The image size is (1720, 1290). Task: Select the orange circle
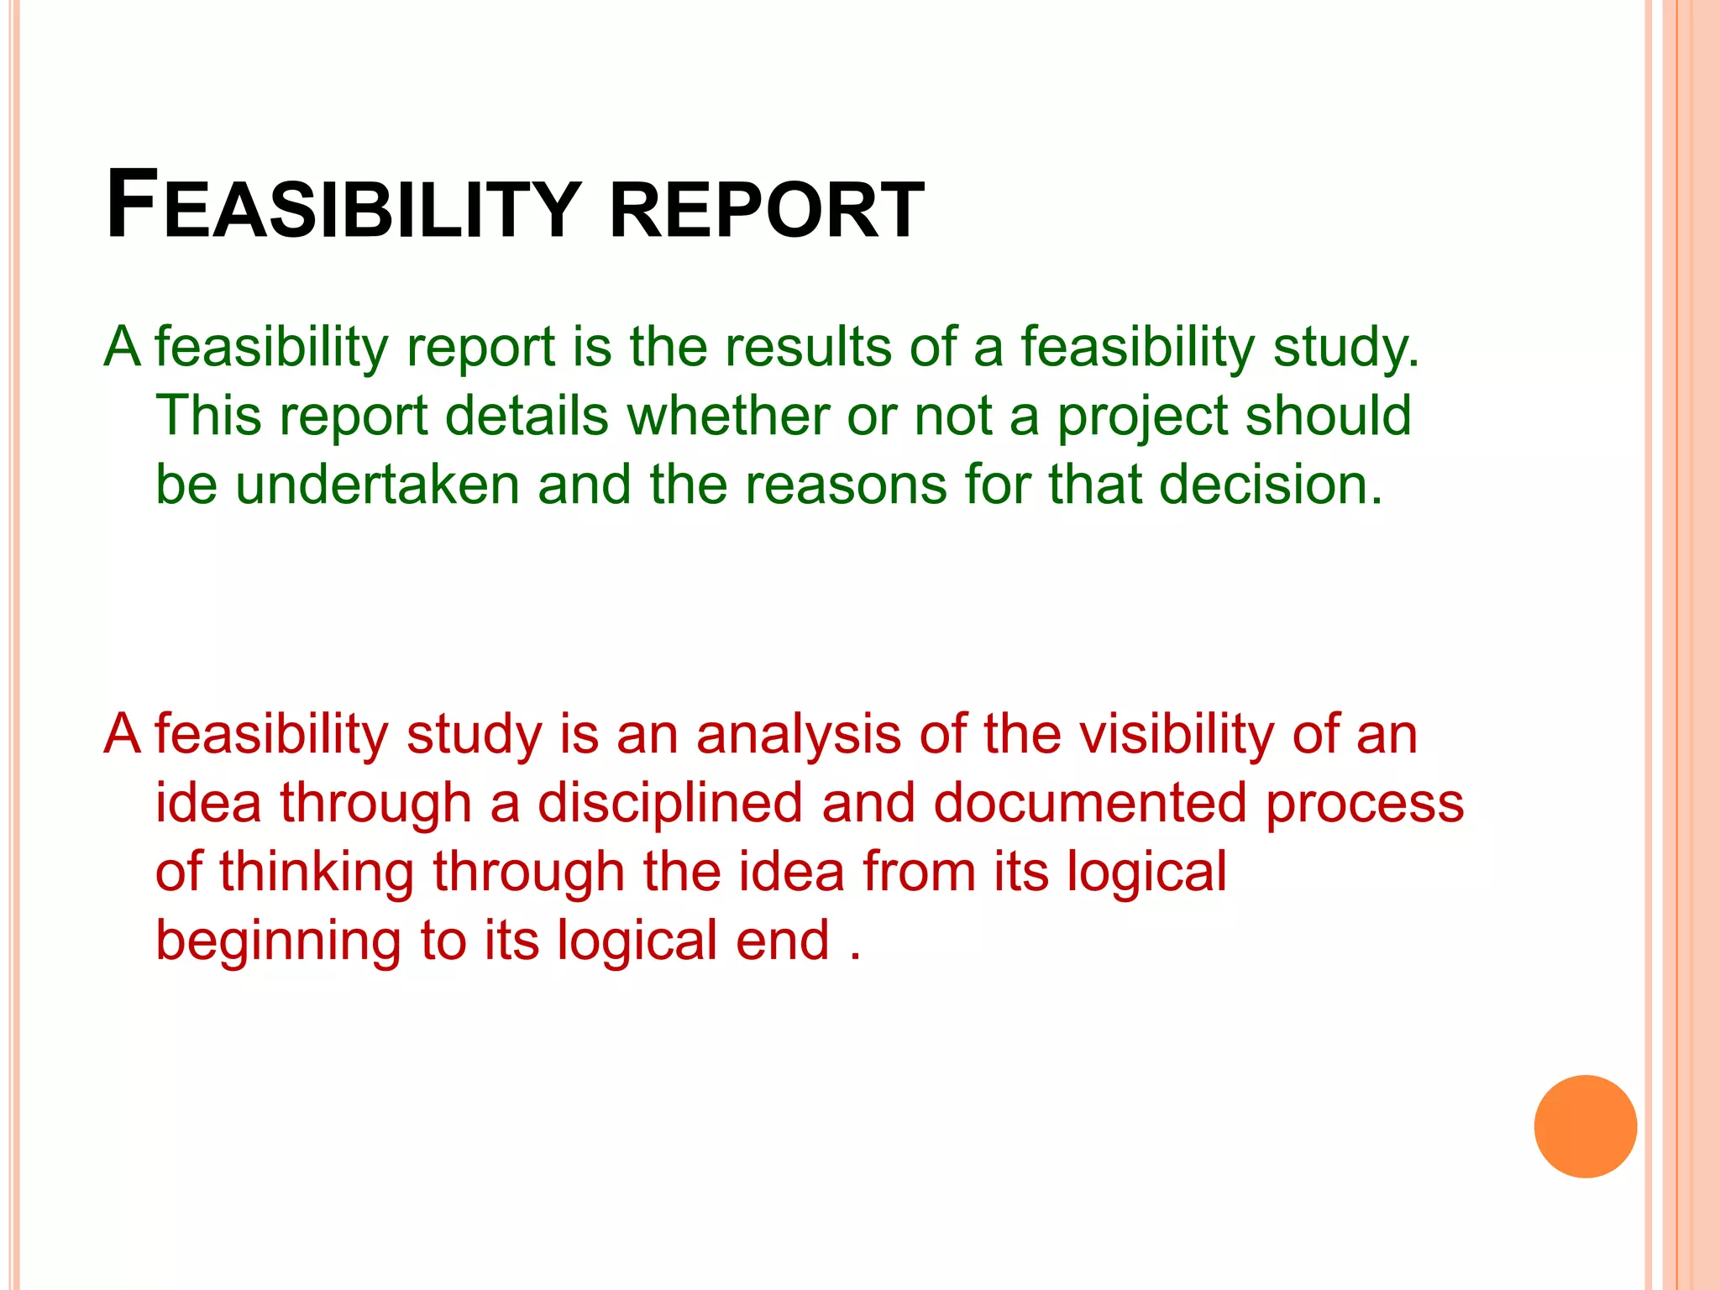point(1585,1126)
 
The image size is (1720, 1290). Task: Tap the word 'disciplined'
point(670,803)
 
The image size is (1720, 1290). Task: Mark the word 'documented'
point(1090,803)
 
